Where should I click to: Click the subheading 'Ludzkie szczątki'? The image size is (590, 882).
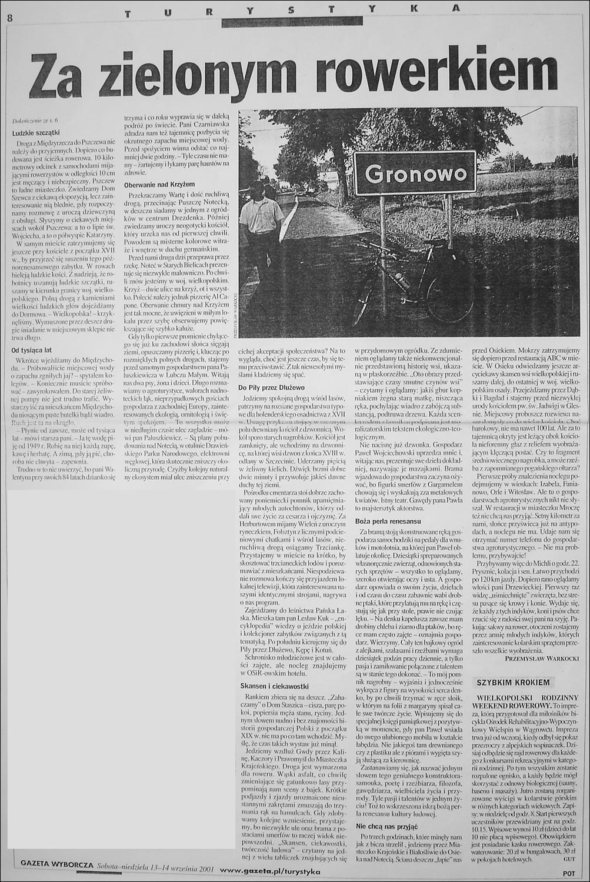36,132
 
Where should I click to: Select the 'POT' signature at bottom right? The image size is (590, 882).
567,873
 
